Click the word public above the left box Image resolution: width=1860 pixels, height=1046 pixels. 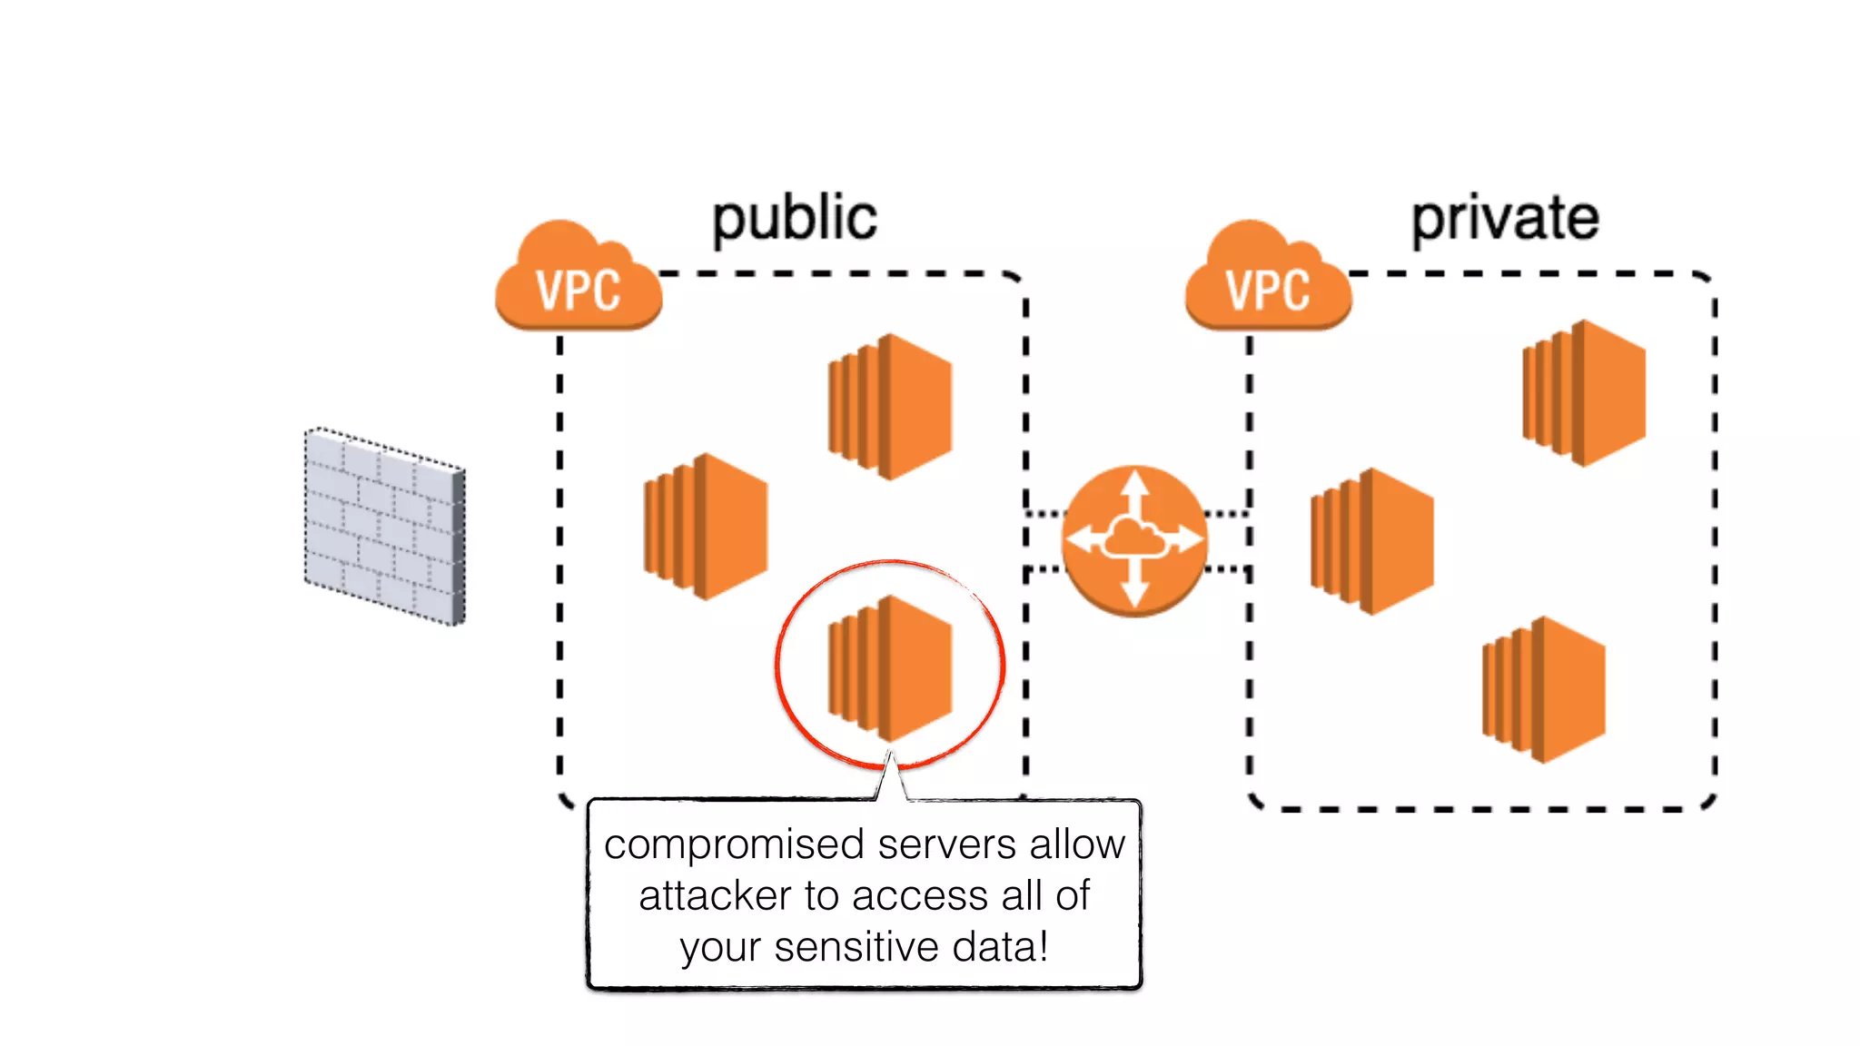pos(795,219)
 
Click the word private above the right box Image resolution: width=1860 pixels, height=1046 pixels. pos(1504,219)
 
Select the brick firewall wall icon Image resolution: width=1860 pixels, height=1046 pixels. pos(384,527)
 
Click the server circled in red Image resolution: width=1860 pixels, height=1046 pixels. pos(890,667)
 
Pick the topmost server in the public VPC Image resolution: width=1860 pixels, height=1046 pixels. pos(890,406)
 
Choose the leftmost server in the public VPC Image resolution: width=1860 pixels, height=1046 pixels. pos(706,526)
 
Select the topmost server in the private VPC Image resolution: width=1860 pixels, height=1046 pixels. pos(1584,392)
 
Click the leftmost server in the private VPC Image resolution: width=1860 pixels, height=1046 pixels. pos(1372,541)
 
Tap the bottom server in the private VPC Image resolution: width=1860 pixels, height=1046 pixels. pos(1543,689)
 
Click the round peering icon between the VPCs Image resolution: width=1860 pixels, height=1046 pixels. pos(1134,541)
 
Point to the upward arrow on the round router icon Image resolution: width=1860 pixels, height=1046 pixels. pos(1134,490)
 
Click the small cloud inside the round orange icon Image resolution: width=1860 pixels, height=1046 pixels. pos(1133,541)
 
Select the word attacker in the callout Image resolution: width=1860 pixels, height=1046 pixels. pos(715,896)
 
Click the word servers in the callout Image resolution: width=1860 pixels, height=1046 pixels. pos(947,845)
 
